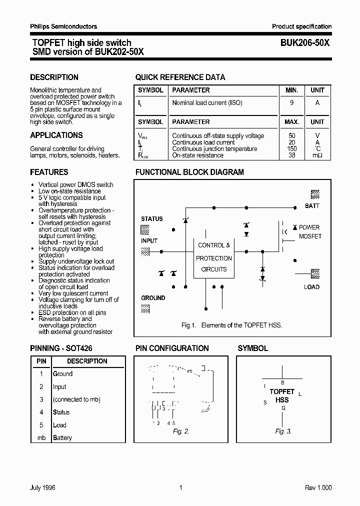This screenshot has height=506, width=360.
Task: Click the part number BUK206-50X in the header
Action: (x=301, y=43)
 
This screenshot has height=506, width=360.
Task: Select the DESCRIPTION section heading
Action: (x=54, y=77)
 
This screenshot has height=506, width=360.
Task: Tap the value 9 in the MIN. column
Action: (x=291, y=103)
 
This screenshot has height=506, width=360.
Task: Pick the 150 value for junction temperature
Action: (x=292, y=149)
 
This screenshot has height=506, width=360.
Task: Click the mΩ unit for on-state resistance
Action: (x=317, y=155)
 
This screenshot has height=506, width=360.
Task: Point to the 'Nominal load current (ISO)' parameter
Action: (x=207, y=103)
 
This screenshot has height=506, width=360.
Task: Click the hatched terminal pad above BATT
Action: (x=315, y=194)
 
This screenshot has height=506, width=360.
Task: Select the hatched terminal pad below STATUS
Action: (x=145, y=229)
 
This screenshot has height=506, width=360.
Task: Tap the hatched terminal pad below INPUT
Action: (x=145, y=252)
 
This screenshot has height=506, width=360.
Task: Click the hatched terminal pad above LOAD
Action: (x=315, y=273)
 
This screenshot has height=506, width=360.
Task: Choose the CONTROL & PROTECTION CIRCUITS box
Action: (x=214, y=257)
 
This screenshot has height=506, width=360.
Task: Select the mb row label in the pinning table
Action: (x=41, y=438)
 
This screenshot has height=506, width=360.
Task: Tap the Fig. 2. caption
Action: (x=181, y=431)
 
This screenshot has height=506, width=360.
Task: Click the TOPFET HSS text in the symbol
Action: (x=282, y=395)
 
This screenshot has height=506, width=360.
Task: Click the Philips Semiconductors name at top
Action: (x=63, y=26)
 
